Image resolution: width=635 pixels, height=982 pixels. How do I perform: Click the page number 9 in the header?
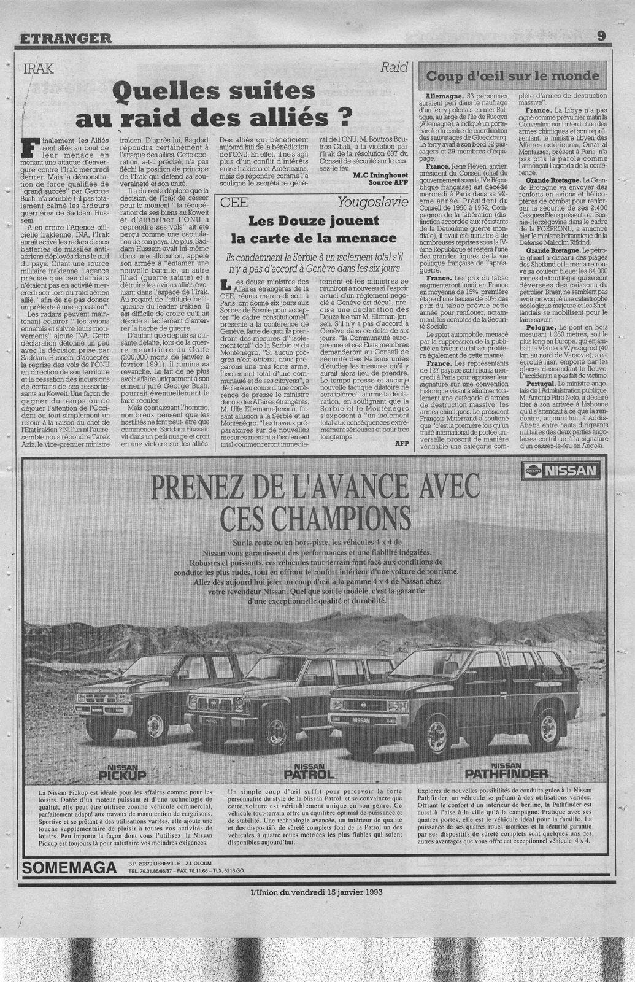coord(601,36)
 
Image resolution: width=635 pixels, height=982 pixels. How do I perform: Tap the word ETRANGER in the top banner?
coord(66,37)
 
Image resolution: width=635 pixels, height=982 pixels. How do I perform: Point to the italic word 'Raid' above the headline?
coord(394,68)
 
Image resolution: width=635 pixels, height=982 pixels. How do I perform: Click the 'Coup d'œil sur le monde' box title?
coord(512,76)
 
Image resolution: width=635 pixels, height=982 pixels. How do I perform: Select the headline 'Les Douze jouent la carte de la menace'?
coord(313,230)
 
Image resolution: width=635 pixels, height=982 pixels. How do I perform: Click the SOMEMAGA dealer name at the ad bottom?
coord(68,868)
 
